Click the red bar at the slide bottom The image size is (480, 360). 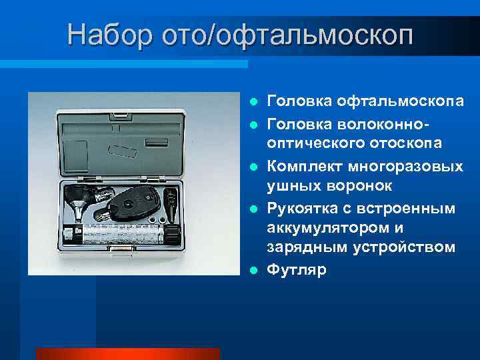tap(127, 354)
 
